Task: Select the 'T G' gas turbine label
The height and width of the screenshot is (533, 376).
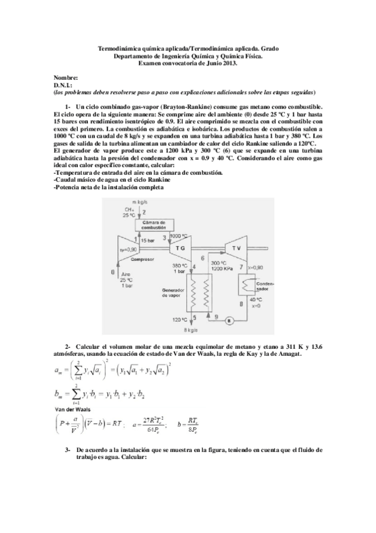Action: [181, 248]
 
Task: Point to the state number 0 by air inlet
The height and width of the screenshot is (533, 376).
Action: [113, 272]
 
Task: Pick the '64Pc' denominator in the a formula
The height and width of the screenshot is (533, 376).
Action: [153, 429]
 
